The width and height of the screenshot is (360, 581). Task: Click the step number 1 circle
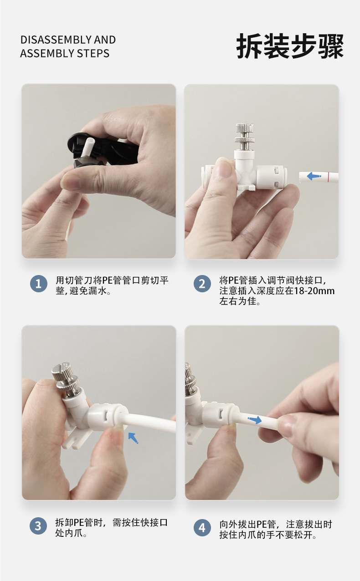click(x=38, y=284)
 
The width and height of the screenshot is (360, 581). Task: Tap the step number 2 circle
click(x=202, y=284)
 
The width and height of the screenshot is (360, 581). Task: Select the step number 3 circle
click(x=38, y=526)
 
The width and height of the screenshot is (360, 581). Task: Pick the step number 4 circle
click(x=202, y=528)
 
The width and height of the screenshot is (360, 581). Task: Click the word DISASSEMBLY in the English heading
click(x=56, y=40)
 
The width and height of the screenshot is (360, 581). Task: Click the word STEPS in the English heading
click(x=93, y=53)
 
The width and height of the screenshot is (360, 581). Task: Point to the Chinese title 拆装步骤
click(x=290, y=46)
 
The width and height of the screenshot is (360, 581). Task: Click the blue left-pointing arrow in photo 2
click(x=314, y=176)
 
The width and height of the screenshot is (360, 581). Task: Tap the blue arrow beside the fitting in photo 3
click(x=133, y=438)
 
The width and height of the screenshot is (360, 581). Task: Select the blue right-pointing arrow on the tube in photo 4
click(x=255, y=420)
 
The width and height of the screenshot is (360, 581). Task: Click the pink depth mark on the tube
click(x=329, y=177)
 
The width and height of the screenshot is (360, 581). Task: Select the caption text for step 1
click(x=112, y=285)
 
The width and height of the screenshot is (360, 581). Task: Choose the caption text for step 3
click(x=111, y=528)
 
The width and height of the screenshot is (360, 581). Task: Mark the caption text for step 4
click(x=276, y=530)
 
